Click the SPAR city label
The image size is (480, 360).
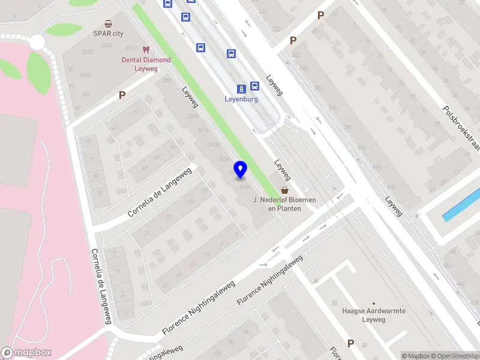click(108, 34)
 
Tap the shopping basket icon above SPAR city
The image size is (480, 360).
click(108, 24)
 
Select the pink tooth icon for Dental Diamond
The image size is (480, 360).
click(146, 50)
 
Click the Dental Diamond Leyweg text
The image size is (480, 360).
click(146, 64)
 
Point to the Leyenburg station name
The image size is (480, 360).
click(241, 99)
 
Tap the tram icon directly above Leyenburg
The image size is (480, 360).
click(241, 88)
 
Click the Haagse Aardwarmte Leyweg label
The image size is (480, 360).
click(374, 315)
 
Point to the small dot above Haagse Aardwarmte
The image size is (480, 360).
click(374, 303)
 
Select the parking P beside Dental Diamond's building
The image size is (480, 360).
click(122, 95)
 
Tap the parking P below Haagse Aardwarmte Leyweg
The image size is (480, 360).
click(350, 344)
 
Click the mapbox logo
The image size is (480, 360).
click(26, 353)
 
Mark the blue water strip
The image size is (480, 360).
click(461, 205)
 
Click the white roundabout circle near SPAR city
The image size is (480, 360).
click(37, 43)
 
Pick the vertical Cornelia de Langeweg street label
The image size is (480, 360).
click(101, 287)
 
